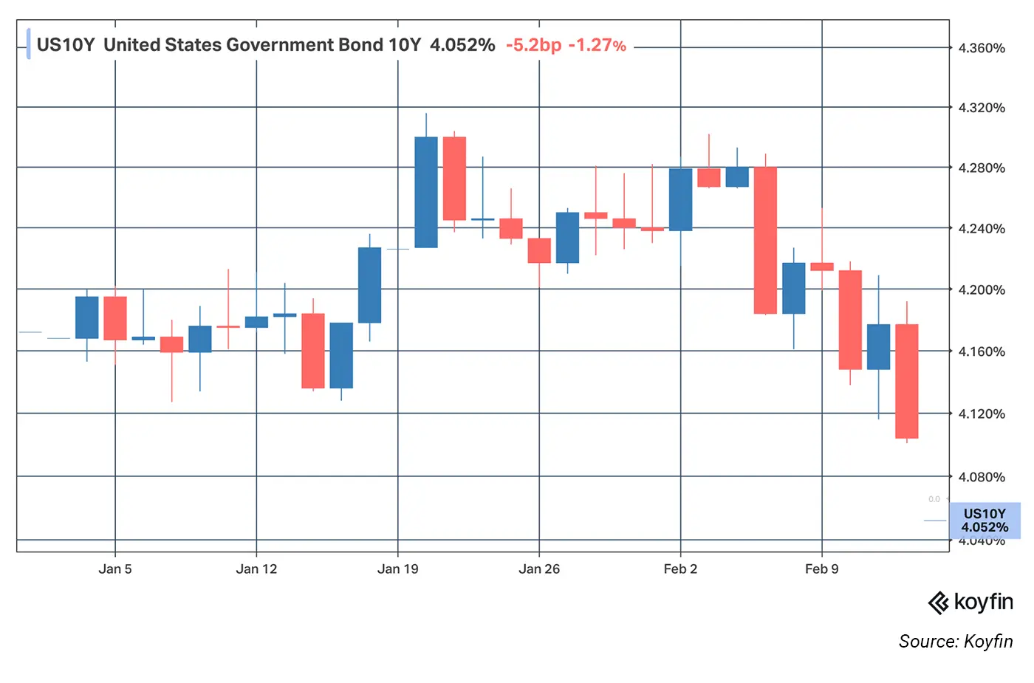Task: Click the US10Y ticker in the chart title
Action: (x=66, y=45)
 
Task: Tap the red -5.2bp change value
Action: (x=533, y=45)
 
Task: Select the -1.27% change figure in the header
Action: (x=597, y=45)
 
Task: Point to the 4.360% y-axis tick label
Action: (x=981, y=48)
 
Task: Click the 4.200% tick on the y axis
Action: (x=981, y=289)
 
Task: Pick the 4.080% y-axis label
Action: (x=981, y=477)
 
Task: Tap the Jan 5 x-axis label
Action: (x=115, y=569)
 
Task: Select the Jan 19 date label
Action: (x=397, y=569)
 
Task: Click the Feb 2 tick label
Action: (x=680, y=569)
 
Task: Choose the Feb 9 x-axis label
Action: (x=821, y=569)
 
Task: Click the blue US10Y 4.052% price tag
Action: (x=985, y=521)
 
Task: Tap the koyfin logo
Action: (x=970, y=603)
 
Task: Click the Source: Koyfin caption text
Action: (x=955, y=641)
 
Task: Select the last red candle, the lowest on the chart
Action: (x=906, y=381)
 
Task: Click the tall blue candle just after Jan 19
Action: (x=426, y=192)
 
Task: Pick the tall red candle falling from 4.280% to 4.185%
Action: (x=765, y=241)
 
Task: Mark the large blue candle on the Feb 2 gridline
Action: (x=680, y=199)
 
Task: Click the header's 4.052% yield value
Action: (x=462, y=45)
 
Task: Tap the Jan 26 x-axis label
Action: (x=539, y=569)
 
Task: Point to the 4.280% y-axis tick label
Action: (x=981, y=168)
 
